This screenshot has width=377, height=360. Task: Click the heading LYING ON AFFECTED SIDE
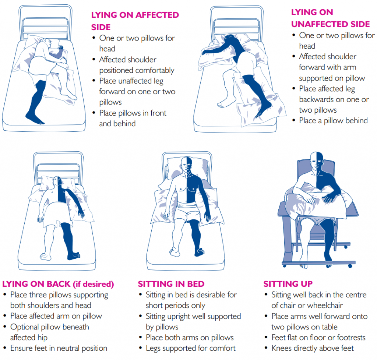135,21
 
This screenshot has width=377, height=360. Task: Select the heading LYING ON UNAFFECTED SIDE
330,18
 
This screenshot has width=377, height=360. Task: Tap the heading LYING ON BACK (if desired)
58,284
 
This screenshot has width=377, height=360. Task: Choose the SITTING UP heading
288,284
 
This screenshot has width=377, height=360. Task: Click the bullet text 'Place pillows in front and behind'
133,118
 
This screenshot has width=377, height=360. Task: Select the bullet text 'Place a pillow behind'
333,120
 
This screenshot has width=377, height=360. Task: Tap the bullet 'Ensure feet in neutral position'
59,348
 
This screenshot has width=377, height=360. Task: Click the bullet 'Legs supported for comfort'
191,348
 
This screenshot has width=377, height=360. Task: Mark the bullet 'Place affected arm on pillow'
56,316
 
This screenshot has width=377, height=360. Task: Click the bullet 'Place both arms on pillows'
190,338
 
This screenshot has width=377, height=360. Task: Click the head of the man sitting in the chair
316,159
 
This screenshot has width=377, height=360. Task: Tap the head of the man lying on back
57,181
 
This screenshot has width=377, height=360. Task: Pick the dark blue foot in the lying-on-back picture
73,255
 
